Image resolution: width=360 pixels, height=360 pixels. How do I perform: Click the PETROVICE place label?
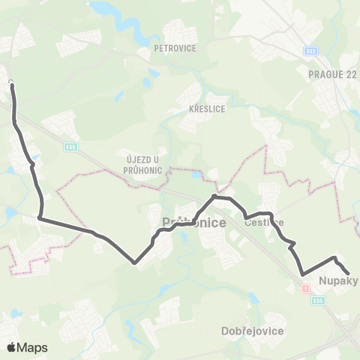click(x=174, y=48)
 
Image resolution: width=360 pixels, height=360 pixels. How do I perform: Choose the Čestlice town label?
click(x=264, y=222)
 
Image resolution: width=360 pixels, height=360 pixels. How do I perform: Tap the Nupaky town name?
click(x=339, y=282)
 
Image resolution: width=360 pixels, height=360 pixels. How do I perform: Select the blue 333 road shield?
click(x=311, y=51)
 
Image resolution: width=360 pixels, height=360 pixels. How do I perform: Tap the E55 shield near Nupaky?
click(x=319, y=300)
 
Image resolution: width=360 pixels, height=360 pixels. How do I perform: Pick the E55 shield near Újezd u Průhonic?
click(x=70, y=146)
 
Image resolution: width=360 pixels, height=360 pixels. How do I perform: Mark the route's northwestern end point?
click(x=12, y=85)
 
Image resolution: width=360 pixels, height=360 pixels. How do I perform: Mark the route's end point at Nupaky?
click(x=349, y=273)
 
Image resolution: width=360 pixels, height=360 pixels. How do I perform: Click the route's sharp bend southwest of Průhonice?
click(x=134, y=262)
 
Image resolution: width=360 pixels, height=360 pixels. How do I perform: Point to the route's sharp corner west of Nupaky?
click(x=302, y=274)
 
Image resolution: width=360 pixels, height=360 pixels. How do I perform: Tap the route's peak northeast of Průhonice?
click(x=215, y=196)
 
